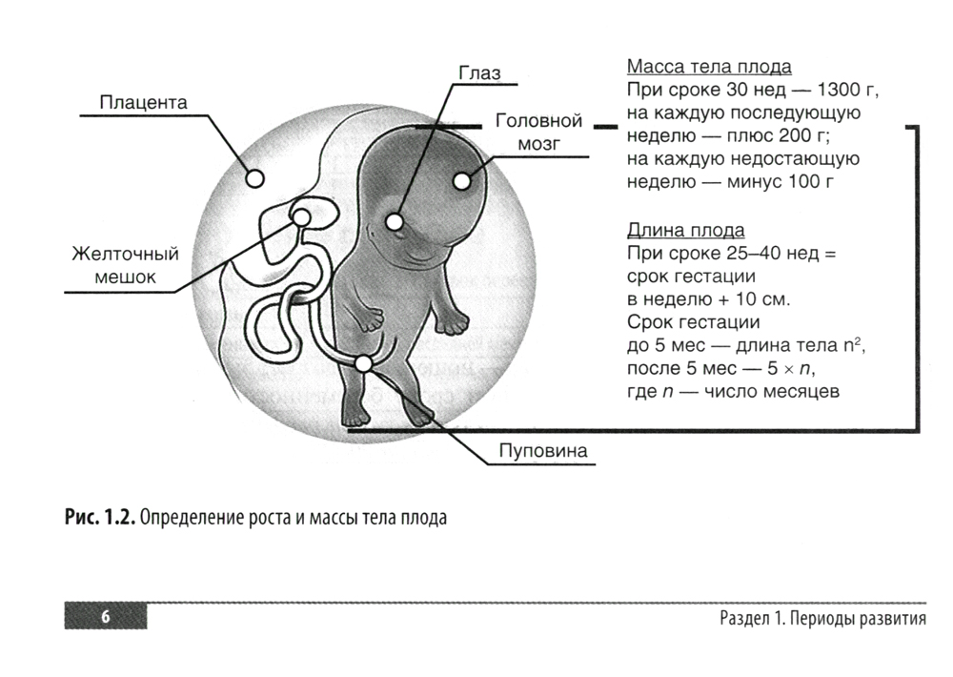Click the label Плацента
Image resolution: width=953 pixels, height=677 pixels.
pyautogui.click(x=144, y=101)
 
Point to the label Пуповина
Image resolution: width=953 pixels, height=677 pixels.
pyautogui.click(x=543, y=450)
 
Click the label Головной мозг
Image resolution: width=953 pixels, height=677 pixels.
pyautogui.click(x=538, y=133)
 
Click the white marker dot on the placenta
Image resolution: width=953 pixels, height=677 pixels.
pyautogui.click(x=254, y=177)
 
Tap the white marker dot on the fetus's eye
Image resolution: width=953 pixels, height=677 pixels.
pyautogui.click(x=395, y=222)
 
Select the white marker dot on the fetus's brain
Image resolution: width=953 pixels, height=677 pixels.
pyautogui.click(x=462, y=179)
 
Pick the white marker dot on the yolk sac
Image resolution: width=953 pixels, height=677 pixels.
pyautogui.click(x=302, y=218)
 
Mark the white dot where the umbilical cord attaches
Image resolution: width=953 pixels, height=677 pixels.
pyautogui.click(x=364, y=363)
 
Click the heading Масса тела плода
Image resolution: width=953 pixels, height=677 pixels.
pyautogui.click(x=709, y=68)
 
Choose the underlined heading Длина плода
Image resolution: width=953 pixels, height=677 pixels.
pyautogui.click(x=686, y=231)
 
